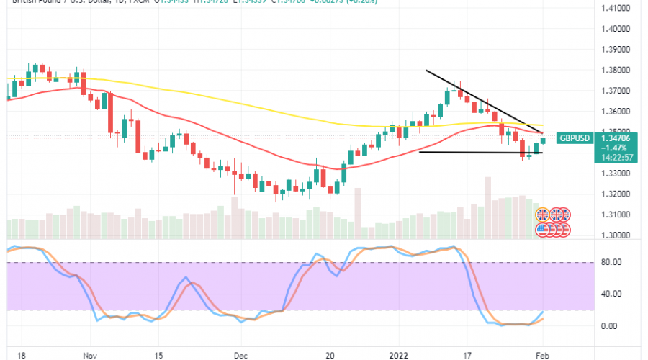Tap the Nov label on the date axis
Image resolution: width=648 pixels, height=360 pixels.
89,355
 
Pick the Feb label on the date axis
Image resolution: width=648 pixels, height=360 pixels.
543,355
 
